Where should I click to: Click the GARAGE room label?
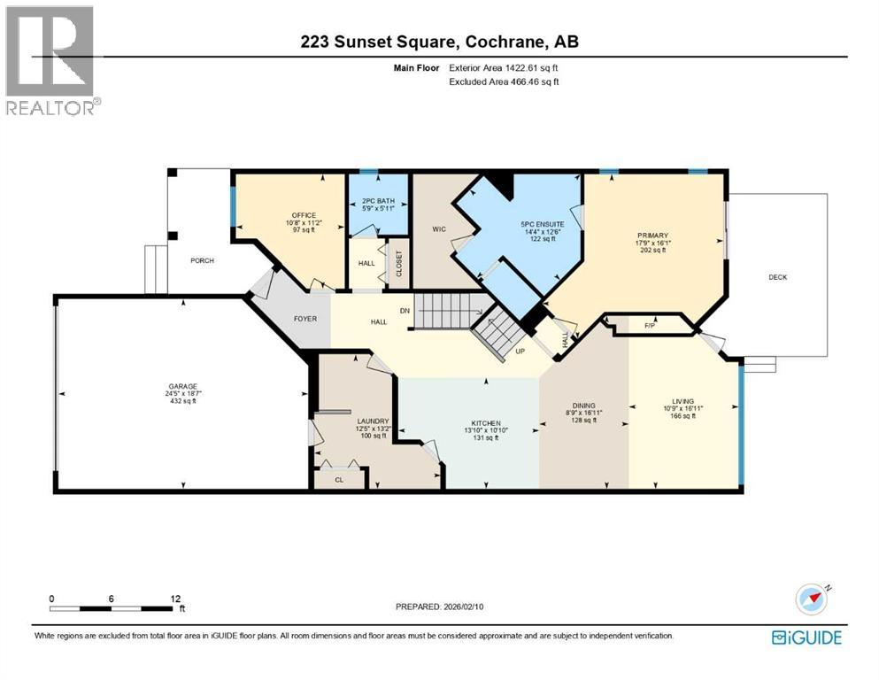[182, 386]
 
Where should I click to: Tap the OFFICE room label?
[304, 214]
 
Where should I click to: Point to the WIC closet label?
[437, 229]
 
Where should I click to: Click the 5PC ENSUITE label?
[542, 224]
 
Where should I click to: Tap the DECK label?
[777, 277]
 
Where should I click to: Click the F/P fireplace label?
[649, 326]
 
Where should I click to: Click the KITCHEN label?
[486, 423]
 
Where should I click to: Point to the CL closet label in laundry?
[340, 479]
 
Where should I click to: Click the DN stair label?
[405, 311]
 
